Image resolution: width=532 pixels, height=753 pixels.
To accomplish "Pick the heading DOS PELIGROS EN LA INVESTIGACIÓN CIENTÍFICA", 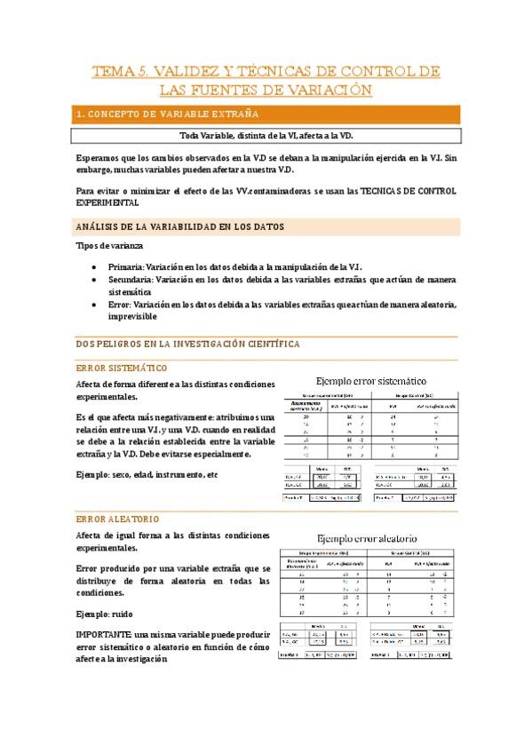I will click(x=187, y=343).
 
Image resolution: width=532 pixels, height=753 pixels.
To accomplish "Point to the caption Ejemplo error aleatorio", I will click(x=366, y=538).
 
